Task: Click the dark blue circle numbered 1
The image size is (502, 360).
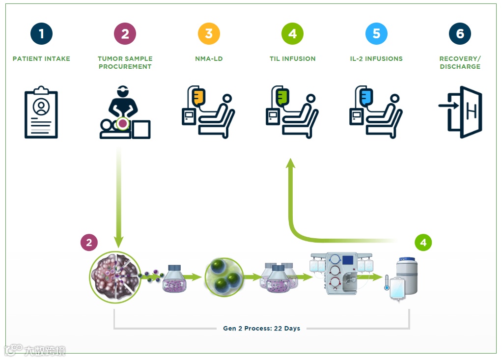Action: click(41, 34)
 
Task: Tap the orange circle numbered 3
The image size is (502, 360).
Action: click(209, 34)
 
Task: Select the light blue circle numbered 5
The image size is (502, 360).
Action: click(377, 34)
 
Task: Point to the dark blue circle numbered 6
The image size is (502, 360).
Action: click(460, 34)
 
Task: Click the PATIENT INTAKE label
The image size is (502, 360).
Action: click(41, 59)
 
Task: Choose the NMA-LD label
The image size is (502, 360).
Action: click(209, 59)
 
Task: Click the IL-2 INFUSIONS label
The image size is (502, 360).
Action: click(377, 59)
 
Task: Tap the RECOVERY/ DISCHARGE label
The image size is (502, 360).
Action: click(460, 62)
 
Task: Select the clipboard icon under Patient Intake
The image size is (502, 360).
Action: click(41, 112)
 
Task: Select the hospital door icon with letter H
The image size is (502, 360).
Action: click(461, 112)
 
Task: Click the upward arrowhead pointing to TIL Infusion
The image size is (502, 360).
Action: click(290, 163)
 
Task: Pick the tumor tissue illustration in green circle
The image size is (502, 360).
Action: click(113, 277)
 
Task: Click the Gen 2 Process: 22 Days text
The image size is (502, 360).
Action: click(261, 329)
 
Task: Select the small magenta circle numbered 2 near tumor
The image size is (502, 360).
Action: click(89, 243)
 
